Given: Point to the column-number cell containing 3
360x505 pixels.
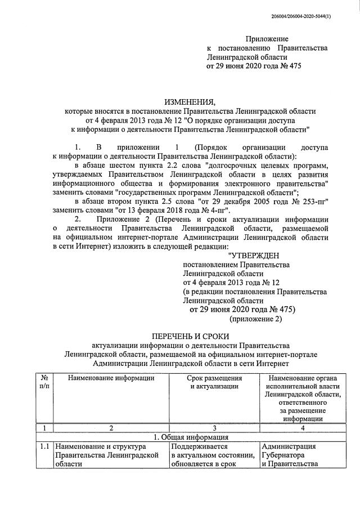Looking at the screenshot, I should [214, 428].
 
